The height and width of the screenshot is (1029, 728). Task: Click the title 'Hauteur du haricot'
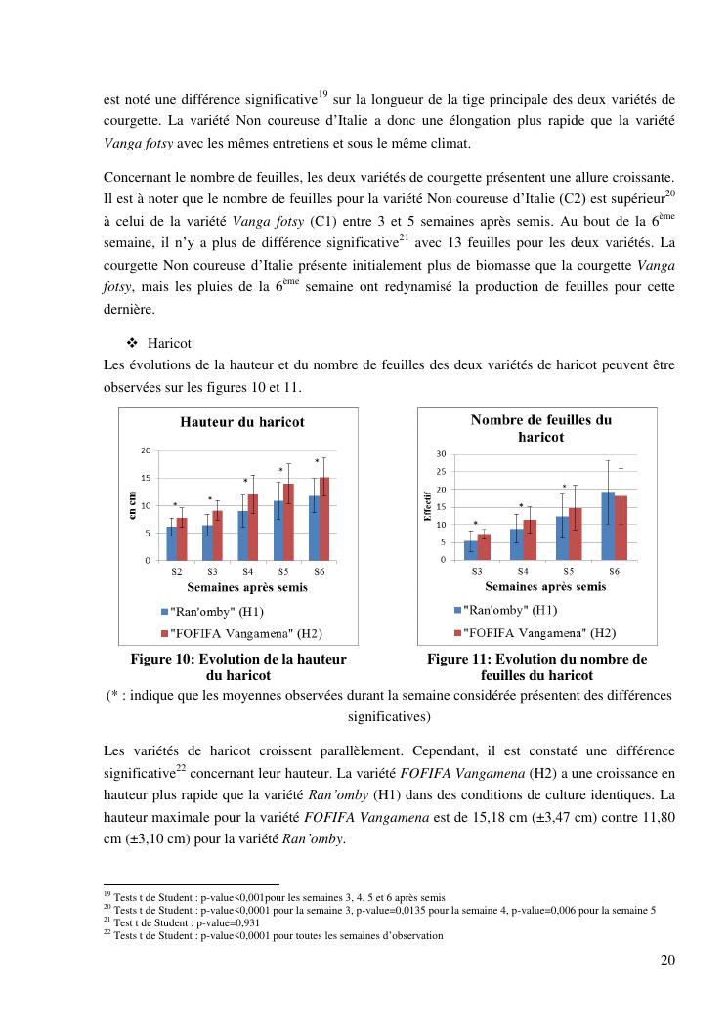point(241,422)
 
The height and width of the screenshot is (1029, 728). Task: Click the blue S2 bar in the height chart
point(171,543)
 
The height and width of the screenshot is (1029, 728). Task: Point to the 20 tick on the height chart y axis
point(146,450)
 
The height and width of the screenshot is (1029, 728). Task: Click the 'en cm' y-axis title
point(133,505)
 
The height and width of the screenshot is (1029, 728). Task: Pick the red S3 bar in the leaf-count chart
point(484,547)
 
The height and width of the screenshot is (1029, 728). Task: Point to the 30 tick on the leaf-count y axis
point(441,454)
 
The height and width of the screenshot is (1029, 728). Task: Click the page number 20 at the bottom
point(667,959)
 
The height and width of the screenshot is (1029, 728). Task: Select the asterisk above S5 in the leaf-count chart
point(564,487)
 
